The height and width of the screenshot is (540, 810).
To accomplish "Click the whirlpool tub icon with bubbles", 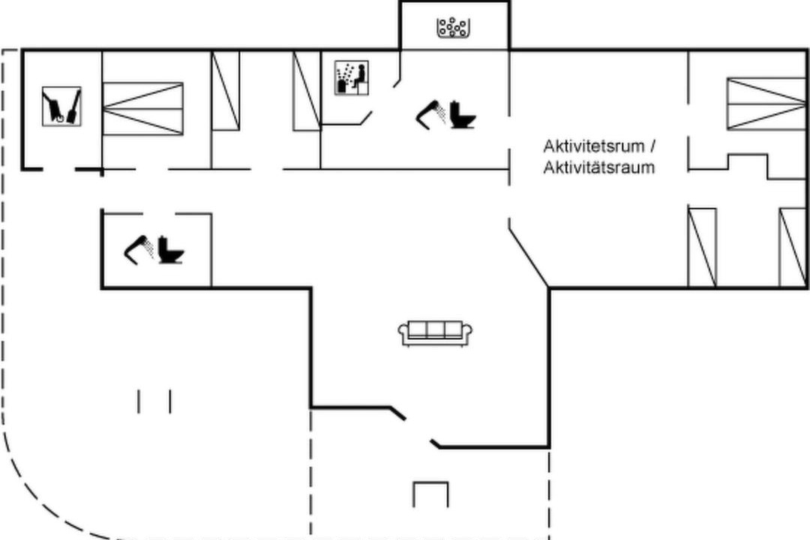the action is (x=453, y=28).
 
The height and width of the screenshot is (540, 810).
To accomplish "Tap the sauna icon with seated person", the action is (x=351, y=77).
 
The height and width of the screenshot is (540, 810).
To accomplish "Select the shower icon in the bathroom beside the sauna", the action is (x=430, y=114).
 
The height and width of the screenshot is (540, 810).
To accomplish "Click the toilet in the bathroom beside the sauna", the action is (x=462, y=114).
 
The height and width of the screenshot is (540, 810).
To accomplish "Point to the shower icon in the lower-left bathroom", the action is (x=139, y=250).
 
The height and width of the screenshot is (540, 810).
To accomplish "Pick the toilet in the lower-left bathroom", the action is (x=170, y=250).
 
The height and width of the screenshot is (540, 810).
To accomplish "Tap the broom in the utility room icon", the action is (x=73, y=106).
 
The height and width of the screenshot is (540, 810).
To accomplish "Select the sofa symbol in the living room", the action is (x=435, y=333).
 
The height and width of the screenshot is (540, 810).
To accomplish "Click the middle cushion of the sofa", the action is (x=435, y=330).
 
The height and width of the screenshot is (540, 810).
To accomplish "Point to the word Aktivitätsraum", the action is (x=598, y=167).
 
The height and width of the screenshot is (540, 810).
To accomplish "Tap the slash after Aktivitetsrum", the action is (x=652, y=146).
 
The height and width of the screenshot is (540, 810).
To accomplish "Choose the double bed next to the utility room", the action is (x=143, y=109).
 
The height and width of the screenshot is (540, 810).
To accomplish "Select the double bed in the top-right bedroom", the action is (x=766, y=103).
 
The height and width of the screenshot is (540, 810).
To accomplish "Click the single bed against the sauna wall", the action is (x=307, y=91).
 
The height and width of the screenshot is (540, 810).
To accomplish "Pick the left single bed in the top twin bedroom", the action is (x=226, y=91).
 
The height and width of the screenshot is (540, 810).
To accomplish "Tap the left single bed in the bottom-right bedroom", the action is (x=703, y=247).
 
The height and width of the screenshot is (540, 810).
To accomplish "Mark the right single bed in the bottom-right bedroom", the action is (x=793, y=247).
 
